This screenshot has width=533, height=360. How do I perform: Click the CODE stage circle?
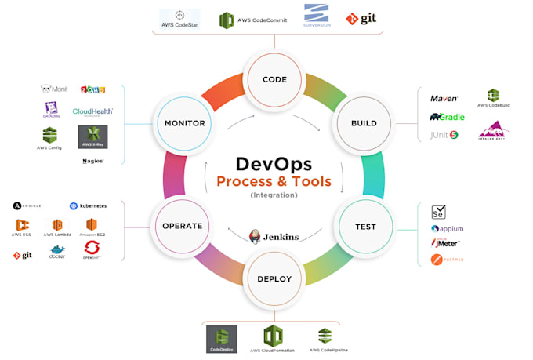[x=274, y=79]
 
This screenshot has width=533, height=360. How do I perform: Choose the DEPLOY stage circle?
[x=274, y=278]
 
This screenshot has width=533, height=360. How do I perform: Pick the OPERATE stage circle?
[x=183, y=226]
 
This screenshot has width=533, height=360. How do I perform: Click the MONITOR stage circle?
[x=185, y=123]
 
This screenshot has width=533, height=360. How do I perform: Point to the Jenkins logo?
[x=274, y=235]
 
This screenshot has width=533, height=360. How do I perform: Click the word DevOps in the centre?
[x=274, y=164]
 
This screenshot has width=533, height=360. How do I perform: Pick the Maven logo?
[x=444, y=99]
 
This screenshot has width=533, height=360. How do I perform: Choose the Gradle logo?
[x=447, y=117]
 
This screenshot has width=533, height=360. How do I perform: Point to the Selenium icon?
[x=439, y=212]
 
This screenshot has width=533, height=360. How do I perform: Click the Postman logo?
[x=442, y=259]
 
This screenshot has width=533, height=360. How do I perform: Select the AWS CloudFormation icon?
[x=272, y=337]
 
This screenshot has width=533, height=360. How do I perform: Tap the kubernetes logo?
[x=88, y=205]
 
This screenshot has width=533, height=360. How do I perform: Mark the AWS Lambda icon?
[x=57, y=227]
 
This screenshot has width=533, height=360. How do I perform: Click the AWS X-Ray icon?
[x=93, y=136]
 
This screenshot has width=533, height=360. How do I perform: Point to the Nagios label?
[x=92, y=161]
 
